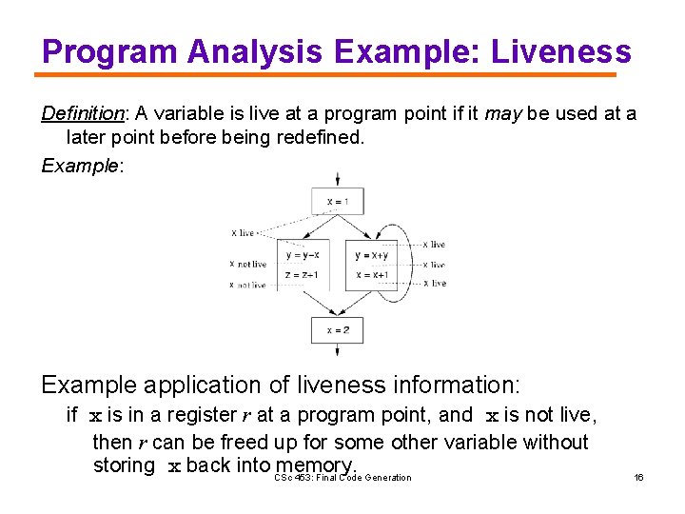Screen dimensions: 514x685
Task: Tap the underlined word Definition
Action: (x=83, y=114)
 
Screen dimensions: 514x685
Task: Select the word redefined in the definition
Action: (x=314, y=138)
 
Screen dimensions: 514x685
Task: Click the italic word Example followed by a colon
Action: (x=80, y=166)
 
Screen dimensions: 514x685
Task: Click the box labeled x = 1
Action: (x=337, y=201)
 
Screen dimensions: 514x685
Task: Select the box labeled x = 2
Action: (x=337, y=330)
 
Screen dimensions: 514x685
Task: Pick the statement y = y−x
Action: (x=303, y=255)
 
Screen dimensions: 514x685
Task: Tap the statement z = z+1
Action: (x=303, y=275)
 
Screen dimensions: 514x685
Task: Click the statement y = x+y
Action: (x=372, y=255)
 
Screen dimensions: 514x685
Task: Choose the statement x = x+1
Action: (x=372, y=275)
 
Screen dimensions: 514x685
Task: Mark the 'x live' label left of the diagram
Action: (x=244, y=232)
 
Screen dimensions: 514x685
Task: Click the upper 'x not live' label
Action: (x=248, y=264)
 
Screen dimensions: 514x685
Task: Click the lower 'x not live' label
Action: (x=248, y=285)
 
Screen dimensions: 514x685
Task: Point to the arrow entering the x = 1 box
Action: (x=337, y=179)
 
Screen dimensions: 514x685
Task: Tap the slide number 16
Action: (x=638, y=477)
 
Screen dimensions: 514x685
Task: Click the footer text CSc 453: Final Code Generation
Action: (x=342, y=477)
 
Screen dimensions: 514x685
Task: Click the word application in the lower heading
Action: (x=238, y=385)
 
